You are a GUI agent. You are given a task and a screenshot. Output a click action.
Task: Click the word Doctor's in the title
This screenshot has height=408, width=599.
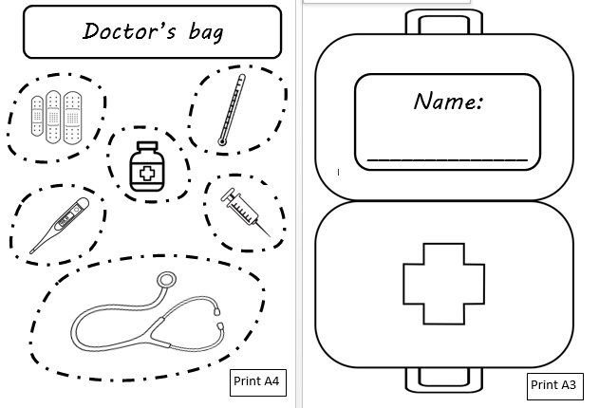129,30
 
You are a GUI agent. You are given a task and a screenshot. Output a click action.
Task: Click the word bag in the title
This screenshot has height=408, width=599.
206,31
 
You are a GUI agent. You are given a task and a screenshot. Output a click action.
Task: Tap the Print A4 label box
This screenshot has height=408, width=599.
258,382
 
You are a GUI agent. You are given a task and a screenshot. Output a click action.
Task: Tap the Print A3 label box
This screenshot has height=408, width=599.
555,386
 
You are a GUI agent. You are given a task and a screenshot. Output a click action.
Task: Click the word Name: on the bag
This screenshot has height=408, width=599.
448,102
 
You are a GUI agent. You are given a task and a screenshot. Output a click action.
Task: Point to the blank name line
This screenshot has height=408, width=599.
447,159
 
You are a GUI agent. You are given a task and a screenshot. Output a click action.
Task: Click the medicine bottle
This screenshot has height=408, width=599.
147,166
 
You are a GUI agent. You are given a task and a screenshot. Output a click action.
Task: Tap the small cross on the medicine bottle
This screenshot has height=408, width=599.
147,174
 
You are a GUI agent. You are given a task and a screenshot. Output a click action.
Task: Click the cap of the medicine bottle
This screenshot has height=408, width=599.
147,146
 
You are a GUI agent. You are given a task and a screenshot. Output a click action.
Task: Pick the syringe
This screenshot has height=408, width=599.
246,213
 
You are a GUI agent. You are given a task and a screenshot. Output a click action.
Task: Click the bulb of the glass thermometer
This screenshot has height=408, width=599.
221,142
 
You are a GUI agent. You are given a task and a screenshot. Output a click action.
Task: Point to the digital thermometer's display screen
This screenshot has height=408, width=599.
66,219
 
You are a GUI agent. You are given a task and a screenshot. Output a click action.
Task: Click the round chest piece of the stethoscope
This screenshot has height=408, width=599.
166,280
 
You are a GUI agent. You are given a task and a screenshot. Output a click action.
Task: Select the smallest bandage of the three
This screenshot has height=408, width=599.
37,116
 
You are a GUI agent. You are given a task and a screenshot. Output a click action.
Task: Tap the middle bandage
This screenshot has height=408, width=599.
53,117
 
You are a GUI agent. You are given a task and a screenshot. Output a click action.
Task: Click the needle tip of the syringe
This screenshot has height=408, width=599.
271,237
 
